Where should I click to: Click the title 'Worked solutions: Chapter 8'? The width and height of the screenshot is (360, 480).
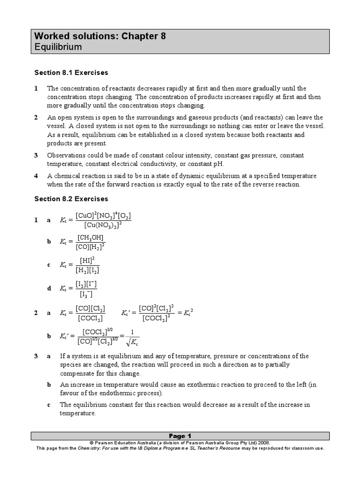click(x=100, y=36)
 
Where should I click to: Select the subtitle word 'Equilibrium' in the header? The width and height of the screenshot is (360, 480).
click(x=58, y=47)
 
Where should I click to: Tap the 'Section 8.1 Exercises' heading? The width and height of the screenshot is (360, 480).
click(x=71, y=73)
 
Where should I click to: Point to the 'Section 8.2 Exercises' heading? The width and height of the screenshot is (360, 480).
click(x=71, y=199)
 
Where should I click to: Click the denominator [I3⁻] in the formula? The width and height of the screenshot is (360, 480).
click(x=86, y=294)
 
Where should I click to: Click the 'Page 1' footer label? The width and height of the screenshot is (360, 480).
click(x=180, y=435)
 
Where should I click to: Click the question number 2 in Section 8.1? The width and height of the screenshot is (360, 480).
click(x=36, y=117)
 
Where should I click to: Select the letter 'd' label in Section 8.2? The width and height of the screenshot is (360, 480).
click(x=49, y=289)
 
